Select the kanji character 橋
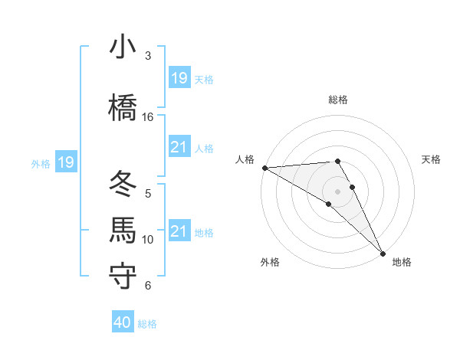pos(123,107)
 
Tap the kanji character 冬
pos(123,184)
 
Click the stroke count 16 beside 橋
pos(148,117)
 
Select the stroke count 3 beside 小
pos(148,56)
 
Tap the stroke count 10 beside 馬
pos(148,240)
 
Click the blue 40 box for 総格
pos(123,322)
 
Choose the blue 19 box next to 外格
pos(65,162)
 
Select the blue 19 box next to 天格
pos(179,77)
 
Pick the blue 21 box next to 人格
pos(179,146)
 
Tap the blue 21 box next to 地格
pos(179,231)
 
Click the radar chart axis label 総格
pos(338,100)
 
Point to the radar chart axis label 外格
pos(270,262)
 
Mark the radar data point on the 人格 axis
pos(264,168)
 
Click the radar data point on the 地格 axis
pos(383,253)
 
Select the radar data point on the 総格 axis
pos(337,161)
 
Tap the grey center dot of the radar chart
pos(337,191)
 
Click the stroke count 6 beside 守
pos(148,286)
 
